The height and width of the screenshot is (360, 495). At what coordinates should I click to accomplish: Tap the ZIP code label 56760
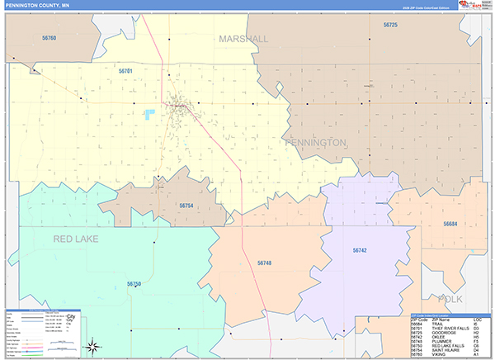coord(49,38)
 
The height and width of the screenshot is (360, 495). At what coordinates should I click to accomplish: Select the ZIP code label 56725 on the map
coord(390,26)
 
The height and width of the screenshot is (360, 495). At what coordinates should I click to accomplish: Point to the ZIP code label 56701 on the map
coord(125,72)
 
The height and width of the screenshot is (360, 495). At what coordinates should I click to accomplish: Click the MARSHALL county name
coord(243,39)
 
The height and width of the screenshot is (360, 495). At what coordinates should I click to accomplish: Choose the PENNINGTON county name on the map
coord(316,143)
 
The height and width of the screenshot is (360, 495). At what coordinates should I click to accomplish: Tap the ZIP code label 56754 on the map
coord(186,206)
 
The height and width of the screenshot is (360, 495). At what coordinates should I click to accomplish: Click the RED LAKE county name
coord(76,239)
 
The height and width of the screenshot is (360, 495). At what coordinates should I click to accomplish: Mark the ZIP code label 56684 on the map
coord(450,224)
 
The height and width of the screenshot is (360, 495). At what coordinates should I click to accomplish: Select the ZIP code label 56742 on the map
coord(360,249)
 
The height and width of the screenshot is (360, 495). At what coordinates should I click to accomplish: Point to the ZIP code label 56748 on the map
coord(264,263)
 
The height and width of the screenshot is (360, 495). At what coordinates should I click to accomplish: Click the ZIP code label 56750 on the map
coord(134,284)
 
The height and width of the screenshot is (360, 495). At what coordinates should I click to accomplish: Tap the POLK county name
coord(451,299)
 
